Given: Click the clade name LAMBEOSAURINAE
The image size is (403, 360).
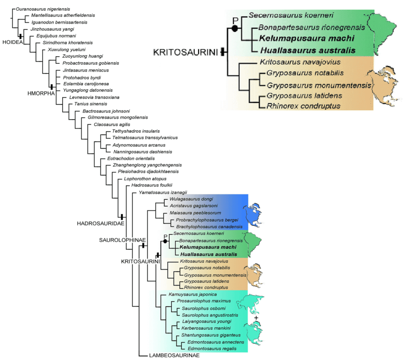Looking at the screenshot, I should tap(174, 355).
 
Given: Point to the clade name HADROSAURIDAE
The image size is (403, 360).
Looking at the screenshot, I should tap(101, 223).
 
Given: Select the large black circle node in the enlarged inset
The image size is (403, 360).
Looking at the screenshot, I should tap(235, 28).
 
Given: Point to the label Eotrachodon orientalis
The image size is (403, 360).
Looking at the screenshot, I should tap(129, 158).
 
